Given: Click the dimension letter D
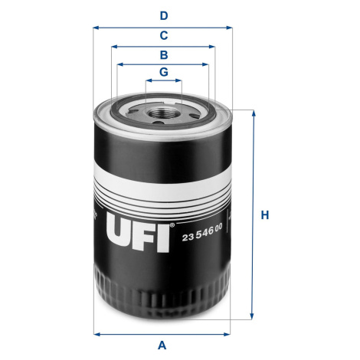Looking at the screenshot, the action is tap(164, 16).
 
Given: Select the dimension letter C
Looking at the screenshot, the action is tap(164, 35).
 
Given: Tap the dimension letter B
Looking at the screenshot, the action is tap(164, 55).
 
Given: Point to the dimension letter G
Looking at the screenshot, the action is tap(164, 72).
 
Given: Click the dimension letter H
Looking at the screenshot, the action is tap(265, 215).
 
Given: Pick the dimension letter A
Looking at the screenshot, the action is tap(162, 345).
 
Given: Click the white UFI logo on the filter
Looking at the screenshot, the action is tap(138, 232).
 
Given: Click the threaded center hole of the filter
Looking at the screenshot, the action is tap(162, 113).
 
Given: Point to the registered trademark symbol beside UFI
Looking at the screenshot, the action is tap(172, 225).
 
